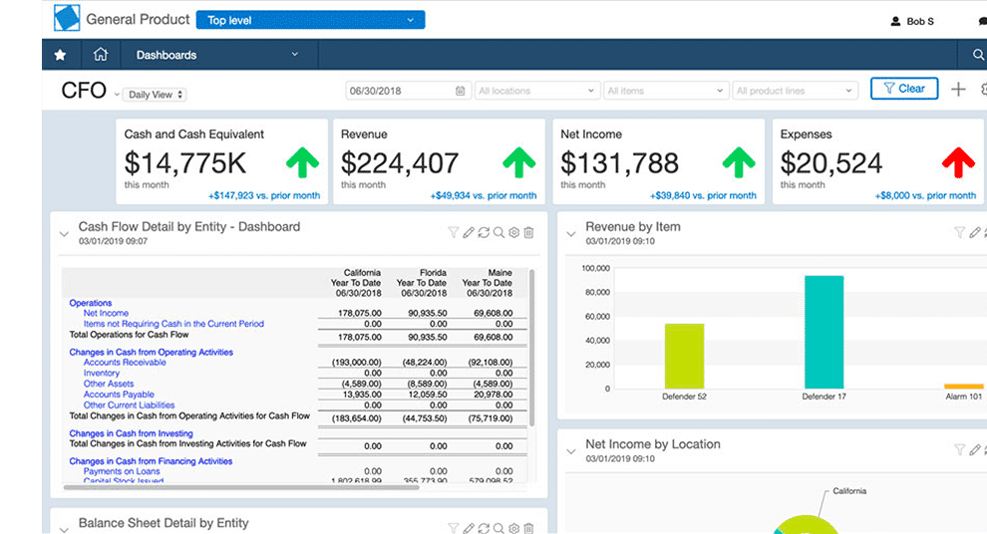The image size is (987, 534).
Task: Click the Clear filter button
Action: [x=904, y=89]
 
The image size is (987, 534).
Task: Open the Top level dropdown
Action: [x=310, y=20]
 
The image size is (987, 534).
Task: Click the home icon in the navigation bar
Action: [x=100, y=55]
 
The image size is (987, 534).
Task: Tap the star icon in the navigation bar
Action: [x=60, y=55]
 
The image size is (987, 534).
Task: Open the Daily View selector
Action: [x=156, y=95]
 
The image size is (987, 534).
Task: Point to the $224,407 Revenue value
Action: [x=400, y=162]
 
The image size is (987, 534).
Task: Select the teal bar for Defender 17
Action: [x=823, y=332]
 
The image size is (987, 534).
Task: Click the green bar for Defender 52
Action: [x=684, y=356]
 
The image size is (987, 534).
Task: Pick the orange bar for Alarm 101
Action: [x=963, y=386]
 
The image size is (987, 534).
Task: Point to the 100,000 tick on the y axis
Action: [x=594, y=268]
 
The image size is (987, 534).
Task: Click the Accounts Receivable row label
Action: [x=125, y=363]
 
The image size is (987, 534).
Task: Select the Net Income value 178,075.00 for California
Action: [x=360, y=313]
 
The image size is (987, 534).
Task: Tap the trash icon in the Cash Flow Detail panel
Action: [x=528, y=232]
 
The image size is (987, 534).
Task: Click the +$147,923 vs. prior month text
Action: [x=264, y=196]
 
